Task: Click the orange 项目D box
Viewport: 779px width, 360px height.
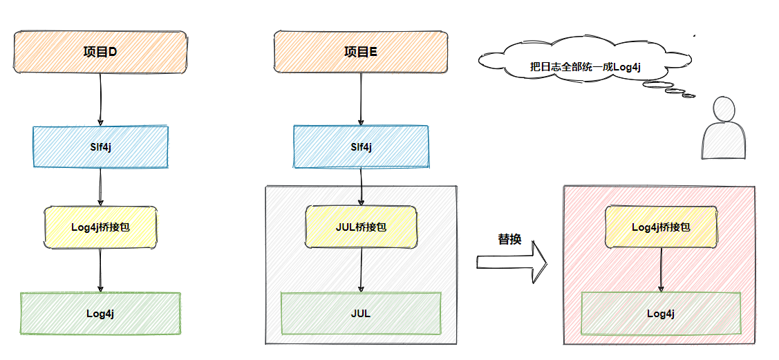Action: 100,52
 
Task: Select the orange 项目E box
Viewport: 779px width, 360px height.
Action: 360,52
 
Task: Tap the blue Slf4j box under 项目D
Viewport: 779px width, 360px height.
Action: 100,146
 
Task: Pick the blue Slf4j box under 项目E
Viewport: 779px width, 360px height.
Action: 360,146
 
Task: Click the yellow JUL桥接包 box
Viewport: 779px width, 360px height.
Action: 361,227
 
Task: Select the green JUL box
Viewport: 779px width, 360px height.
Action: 360,313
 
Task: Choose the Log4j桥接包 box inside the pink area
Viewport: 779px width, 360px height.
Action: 661,227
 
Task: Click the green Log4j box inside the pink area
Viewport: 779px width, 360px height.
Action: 661,313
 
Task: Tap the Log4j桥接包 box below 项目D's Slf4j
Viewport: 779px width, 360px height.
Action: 101,227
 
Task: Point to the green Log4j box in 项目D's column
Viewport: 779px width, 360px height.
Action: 100,313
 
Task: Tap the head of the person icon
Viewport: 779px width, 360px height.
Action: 723,110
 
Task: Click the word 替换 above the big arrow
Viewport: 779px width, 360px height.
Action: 509,240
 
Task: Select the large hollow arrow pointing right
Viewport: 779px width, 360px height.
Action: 511,261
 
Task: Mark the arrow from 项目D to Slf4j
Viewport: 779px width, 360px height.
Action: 100,99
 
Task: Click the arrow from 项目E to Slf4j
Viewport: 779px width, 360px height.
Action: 360,99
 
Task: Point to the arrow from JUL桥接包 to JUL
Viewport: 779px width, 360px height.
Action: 361,269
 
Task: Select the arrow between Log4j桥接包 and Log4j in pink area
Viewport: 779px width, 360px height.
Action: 661,269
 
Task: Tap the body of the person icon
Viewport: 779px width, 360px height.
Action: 723,142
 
